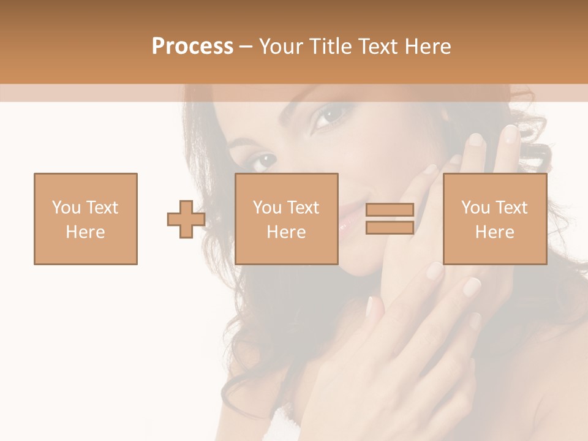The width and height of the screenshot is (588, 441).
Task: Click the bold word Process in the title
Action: pos(192,47)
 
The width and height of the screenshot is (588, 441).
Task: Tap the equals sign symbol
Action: pos(390,219)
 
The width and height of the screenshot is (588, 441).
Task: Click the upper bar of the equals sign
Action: pos(390,209)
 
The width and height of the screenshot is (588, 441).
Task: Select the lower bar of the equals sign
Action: pos(390,228)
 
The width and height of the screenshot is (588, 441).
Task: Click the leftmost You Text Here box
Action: pos(86,219)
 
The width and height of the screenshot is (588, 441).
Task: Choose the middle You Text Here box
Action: pos(287,219)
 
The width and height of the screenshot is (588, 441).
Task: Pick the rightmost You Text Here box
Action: pos(494,219)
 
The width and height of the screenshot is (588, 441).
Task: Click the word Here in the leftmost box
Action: pos(86,232)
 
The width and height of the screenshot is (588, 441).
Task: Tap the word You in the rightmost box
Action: pos(475,208)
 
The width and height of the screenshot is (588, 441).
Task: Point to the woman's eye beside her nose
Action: pos(262,160)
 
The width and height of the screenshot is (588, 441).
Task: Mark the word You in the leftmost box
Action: pos(66,208)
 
